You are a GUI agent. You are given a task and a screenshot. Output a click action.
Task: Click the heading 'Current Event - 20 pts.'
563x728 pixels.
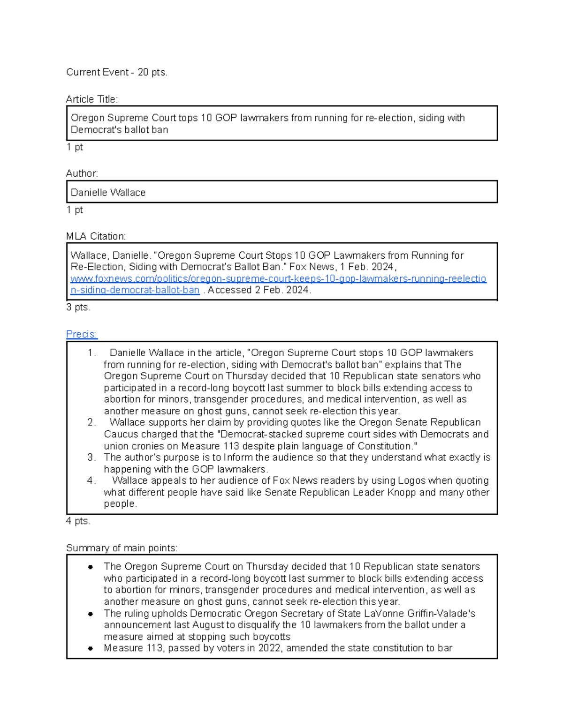[116, 72]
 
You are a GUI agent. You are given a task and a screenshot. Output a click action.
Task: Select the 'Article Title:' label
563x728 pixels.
[92, 99]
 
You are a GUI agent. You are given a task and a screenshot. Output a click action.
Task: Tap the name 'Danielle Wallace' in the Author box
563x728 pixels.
[108, 193]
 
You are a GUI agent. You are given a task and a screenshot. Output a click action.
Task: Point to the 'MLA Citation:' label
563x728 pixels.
[96, 236]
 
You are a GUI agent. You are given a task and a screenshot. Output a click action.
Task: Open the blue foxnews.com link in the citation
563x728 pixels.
[278, 279]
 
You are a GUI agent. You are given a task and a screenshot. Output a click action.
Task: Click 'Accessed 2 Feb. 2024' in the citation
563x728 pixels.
[259, 290]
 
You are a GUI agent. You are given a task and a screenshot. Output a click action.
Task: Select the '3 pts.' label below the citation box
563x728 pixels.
[78, 308]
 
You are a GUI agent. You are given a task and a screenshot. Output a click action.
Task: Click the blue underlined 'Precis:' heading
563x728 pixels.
[82, 334]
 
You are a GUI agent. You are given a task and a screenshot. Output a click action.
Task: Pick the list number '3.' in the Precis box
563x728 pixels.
[91, 458]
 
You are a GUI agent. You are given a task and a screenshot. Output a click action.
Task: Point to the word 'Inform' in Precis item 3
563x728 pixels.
[238, 458]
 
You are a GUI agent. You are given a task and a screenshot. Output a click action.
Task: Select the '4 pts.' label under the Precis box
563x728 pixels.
[78, 521]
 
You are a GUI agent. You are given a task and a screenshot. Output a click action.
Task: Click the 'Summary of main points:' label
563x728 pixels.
[122, 548]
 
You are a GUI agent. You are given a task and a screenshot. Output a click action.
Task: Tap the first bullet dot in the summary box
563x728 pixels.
[90, 567]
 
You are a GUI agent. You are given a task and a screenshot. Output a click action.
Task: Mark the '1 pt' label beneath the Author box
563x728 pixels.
[75, 210]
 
